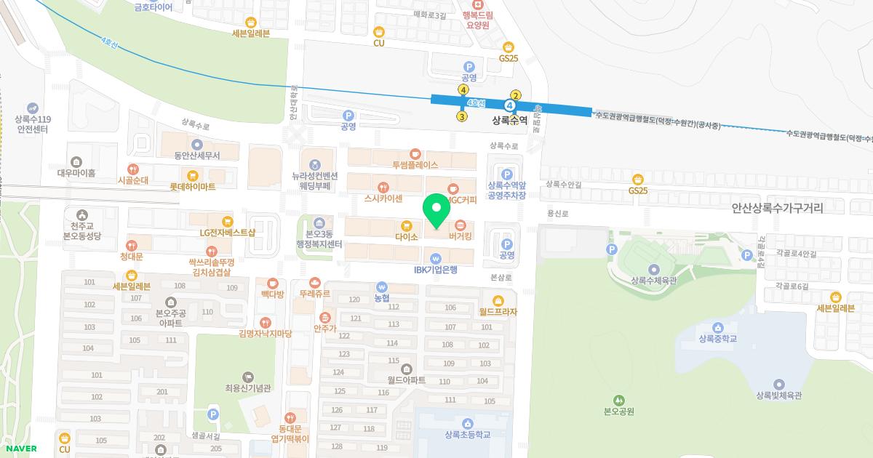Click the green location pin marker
(x=436, y=209)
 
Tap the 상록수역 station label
(x=509, y=121)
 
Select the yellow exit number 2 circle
(x=516, y=95)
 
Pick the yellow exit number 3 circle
(x=462, y=116)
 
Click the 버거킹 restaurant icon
(x=461, y=224)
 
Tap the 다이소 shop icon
(x=407, y=224)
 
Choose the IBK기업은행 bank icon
(x=435, y=257)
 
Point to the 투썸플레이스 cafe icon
(x=415, y=153)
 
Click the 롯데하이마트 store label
(x=192, y=187)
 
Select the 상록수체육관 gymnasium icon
(x=654, y=269)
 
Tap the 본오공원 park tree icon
(x=619, y=399)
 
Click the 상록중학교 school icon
(x=718, y=327)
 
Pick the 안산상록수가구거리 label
(x=777, y=208)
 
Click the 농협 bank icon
(x=382, y=286)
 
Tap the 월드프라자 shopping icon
(x=498, y=300)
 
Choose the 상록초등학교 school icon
(x=467, y=423)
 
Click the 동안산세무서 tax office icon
(x=196, y=144)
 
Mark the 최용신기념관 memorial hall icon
(x=248, y=377)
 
